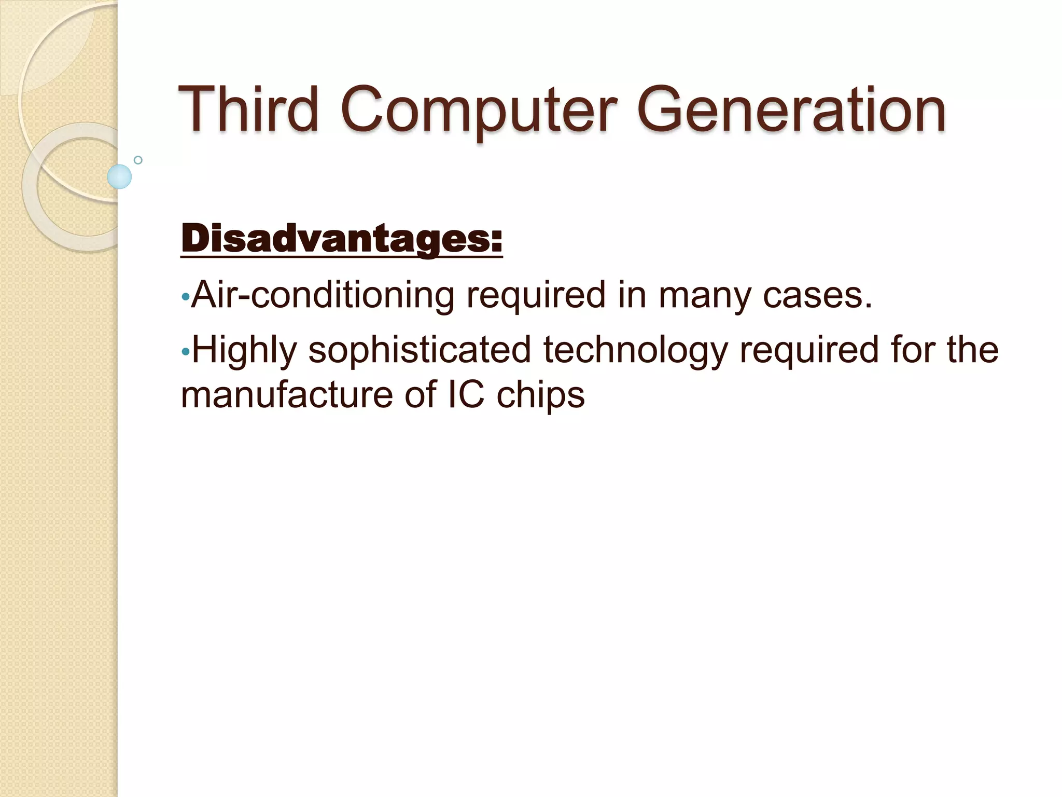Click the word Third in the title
click(248, 110)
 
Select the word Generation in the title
click(791, 110)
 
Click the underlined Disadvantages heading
click(342, 240)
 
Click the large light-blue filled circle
click(119, 176)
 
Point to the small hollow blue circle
click(138, 160)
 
